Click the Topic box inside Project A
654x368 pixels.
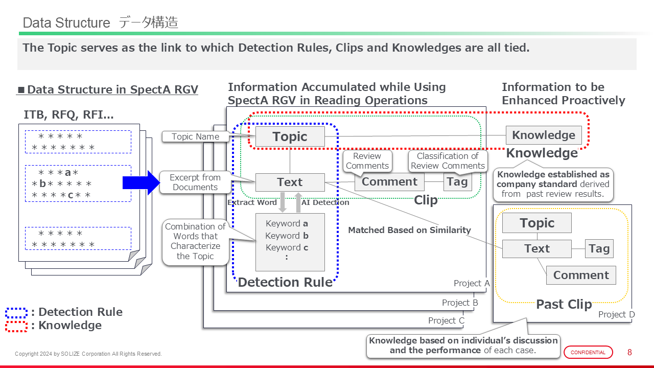(290, 136)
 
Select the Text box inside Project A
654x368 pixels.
(290, 182)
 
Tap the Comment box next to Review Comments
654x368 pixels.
(389, 182)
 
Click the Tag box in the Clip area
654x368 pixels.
(457, 182)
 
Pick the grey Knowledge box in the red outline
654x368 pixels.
(544, 135)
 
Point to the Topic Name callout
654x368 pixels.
(195, 136)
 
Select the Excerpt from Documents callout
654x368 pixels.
(195, 182)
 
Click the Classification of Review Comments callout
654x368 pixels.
(448, 160)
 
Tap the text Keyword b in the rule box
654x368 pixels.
(287, 236)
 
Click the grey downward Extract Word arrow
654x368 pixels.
(282, 202)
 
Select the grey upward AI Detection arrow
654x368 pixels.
(298, 202)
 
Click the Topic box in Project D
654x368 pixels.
(536, 223)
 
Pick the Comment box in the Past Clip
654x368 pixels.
(581, 275)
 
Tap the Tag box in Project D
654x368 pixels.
(599, 249)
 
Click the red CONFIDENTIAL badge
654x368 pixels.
(588, 352)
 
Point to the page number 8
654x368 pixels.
(629, 352)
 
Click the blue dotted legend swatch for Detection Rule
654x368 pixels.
(16, 312)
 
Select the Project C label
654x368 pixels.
(446, 320)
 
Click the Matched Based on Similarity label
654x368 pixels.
(409, 230)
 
